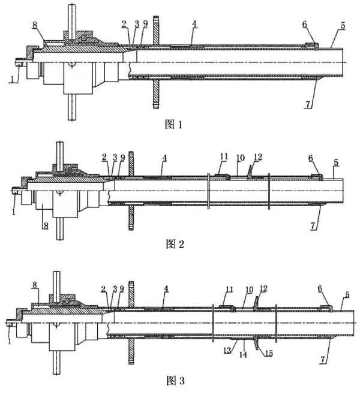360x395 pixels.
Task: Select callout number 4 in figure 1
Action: click(x=193, y=23)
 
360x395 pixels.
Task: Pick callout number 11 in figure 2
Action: click(x=223, y=157)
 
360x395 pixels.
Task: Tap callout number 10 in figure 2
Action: click(x=240, y=157)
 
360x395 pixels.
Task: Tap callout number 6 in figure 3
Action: click(x=320, y=288)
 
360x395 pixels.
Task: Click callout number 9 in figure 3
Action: click(x=122, y=288)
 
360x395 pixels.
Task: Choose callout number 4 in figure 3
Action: click(x=167, y=288)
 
